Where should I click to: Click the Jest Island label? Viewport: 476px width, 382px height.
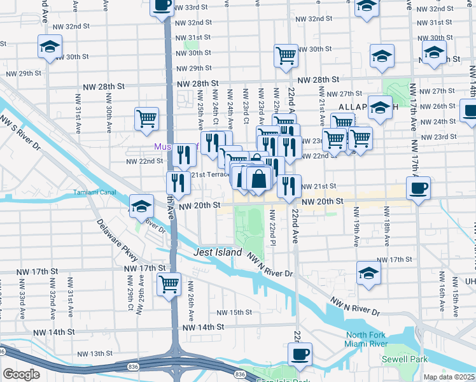[218, 252]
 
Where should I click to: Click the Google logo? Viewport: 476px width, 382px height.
[21, 374]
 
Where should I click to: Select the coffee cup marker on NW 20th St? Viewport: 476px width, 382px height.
[417, 188]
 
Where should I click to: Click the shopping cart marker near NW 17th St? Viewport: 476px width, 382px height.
[169, 284]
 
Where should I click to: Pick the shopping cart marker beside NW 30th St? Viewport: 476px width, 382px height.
[286, 55]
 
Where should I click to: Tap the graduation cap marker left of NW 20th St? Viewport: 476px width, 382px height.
[141, 205]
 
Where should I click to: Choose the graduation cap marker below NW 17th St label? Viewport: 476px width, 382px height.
[368, 272]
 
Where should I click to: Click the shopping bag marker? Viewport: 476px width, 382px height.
[259, 179]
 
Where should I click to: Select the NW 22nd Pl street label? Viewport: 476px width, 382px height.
[272, 228]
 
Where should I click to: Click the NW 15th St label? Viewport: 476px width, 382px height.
[235, 313]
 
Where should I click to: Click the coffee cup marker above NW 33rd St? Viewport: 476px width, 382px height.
[162, 6]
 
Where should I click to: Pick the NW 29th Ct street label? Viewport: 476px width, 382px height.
[130, 294]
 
